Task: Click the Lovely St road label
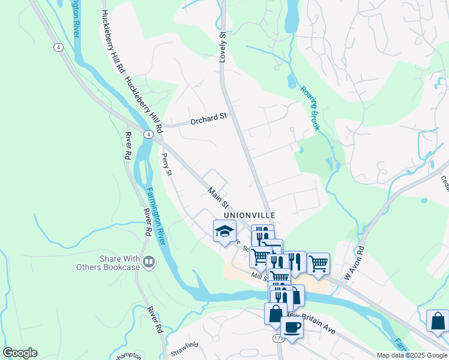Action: coord(223,45)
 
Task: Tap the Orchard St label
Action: coord(210,119)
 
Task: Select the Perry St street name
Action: coord(166,164)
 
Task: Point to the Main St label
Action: coord(218,199)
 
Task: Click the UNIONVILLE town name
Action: coord(250,215)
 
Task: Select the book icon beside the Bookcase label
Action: coord(149,262)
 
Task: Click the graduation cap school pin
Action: coord(224,231)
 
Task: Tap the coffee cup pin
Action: coord(292,327)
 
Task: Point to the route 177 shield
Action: coord(279,339)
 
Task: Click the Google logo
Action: coord(20,353)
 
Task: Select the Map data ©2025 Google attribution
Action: coord(412,355)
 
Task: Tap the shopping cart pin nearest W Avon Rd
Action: coord(318,263)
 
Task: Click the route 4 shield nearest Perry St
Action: coord(147,135)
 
